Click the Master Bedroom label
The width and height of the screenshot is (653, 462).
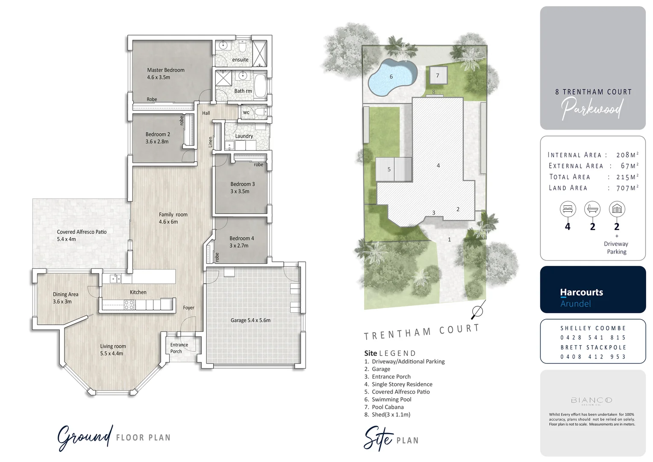click(165, 70)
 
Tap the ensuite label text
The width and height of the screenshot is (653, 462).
click(240, 60)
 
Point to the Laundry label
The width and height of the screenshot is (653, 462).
click(244, 136)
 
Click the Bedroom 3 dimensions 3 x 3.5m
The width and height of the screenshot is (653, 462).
click(240, 192)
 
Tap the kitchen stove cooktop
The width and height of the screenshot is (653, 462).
click(129, 305)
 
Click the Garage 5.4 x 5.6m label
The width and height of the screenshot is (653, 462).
click(250, 320)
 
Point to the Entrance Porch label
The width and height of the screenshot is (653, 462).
click(179, 348)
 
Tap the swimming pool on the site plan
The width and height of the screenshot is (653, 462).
click(391, 77)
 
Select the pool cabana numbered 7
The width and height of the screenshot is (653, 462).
click(438, 76)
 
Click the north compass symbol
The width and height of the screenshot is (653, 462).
click(478, 311)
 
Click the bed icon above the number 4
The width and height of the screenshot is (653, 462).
click(568, 209)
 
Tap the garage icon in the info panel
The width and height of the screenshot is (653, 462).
click(617, 209)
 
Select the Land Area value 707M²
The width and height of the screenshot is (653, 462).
click(627, 188)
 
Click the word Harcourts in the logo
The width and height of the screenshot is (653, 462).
click(581, 293)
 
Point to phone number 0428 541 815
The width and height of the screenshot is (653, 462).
click(593, 338)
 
